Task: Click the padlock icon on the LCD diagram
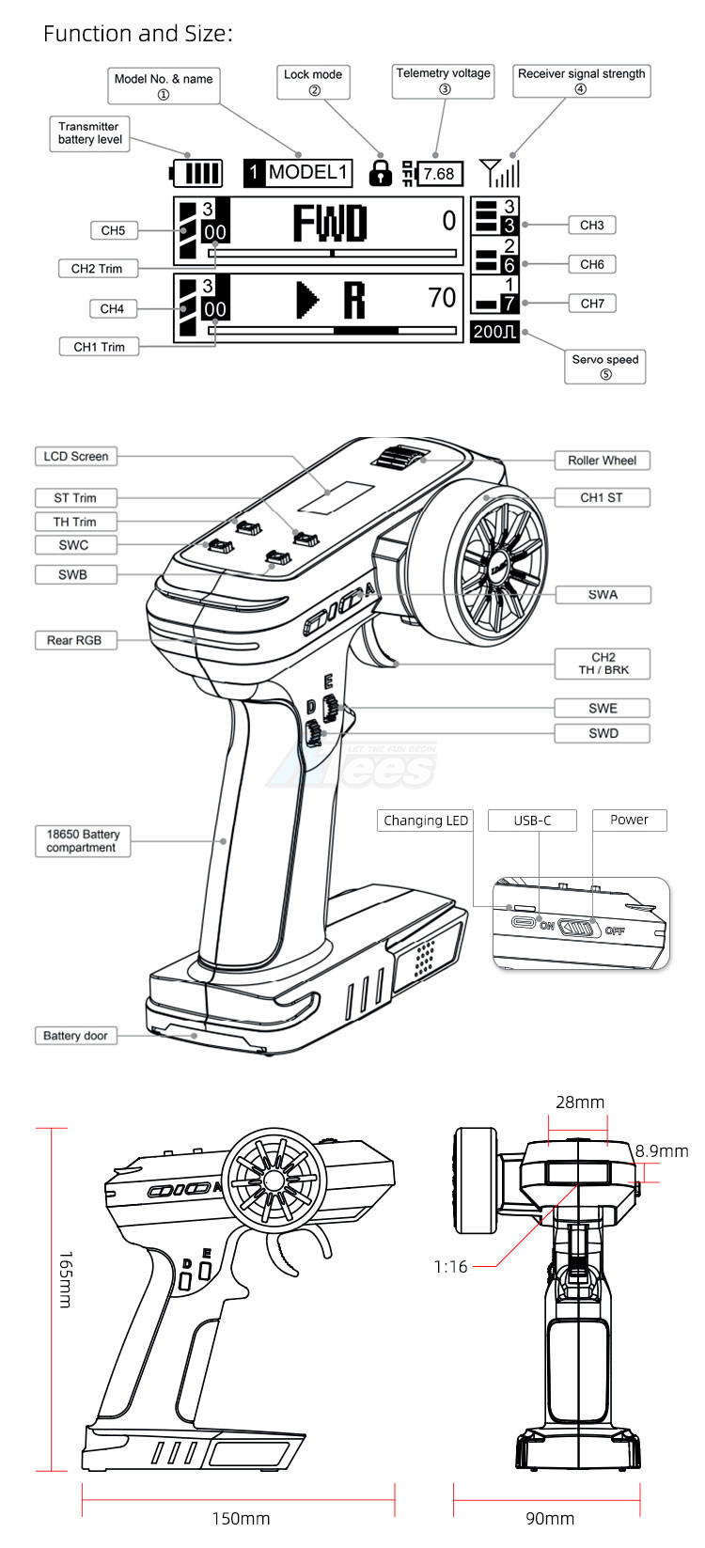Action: coord(381,173)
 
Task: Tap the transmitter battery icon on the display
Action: coord(197,173)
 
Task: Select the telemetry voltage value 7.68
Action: coord(438,174)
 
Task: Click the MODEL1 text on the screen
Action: coord(308,173)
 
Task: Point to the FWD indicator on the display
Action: coord(329,224)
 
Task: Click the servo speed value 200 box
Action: coord(494,332)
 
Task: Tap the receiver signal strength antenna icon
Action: coord(498,172)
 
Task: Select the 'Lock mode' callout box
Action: coord(313,82)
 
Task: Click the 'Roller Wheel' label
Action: coord(602,461)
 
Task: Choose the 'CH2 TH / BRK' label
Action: coord(603,664)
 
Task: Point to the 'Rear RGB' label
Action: coord(74,640)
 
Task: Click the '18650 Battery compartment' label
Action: coord(82,840)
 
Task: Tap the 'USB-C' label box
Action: coord(532,821)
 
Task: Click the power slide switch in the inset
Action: coord(578,928)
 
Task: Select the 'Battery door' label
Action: coord(75,1036)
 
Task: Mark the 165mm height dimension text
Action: coord(65,1279)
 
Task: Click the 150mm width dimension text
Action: coord(241,1519)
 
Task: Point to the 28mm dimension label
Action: coord(580,1102)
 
